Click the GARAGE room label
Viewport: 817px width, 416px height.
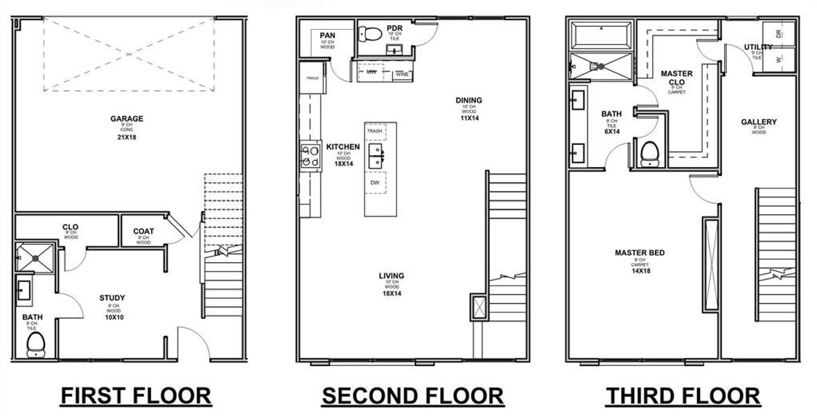[127, 119]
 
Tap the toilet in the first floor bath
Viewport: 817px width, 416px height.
[35, 343]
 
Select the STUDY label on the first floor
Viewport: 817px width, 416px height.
[112, 298]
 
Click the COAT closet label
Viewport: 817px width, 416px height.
[143, 232]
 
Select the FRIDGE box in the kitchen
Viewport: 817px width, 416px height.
[312, 78]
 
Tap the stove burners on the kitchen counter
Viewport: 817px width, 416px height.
[310, 155]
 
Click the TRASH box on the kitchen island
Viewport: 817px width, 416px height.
[375, 130]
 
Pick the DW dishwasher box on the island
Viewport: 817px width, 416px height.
[375, 182]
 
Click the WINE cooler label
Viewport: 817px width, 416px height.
[401, 73]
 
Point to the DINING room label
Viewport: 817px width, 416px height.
[468, 101]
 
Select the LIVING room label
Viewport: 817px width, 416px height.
[392, 276]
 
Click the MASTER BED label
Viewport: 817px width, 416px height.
[639, 253]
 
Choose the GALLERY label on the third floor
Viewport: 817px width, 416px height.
[759, 122]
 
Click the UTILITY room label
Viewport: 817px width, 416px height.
[757, 47]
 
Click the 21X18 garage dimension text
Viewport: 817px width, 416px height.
[127, 137]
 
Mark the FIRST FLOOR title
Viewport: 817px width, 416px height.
[136, 396]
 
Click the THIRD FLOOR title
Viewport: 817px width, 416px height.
[683, 396]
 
